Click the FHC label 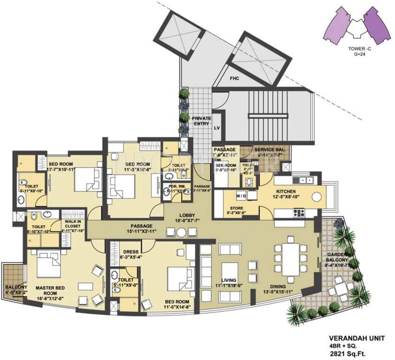pyautogui.click(x=234, y=79)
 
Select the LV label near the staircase pyautogui.click(x=217, y=128)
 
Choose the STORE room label pyautogui.click(x=236, y=209)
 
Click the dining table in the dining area pyautogui.click(x=290, y=257)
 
